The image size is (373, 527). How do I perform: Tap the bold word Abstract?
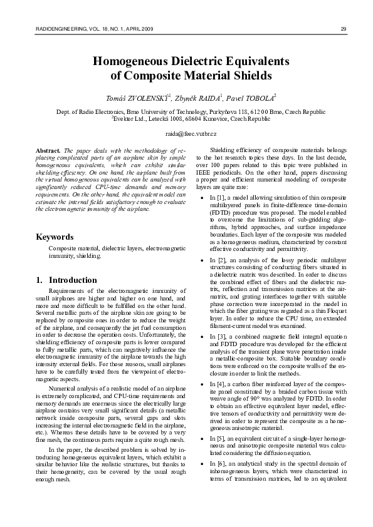point(48,151)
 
